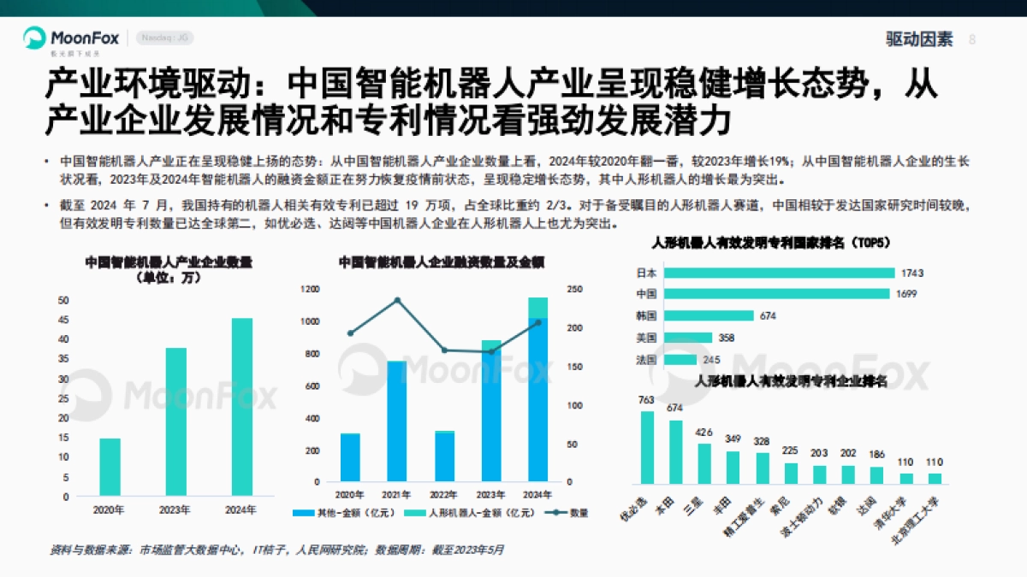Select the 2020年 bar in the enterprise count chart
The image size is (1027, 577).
[x=110, y=467]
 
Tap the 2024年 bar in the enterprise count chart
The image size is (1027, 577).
[x=242, y=407]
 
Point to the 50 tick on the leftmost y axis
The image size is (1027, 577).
[x=62, y=300]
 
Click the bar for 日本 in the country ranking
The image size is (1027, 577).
[x=778, y=273]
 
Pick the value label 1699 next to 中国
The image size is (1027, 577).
[x=906, y=294]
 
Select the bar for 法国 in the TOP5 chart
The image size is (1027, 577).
[x=680, y=359]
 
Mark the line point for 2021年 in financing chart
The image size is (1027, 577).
[x=397, y=300]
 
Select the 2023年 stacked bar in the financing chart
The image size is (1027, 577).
[x=490, y=410]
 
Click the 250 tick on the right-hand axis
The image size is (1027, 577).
[x=576, y=290]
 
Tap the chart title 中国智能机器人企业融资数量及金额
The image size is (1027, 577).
[x=441, y=262]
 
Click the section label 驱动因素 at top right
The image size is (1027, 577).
[x=918, y=39]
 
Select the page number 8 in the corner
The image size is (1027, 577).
[x=971, y=39]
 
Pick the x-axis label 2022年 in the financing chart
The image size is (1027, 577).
[x=443, y=494]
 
